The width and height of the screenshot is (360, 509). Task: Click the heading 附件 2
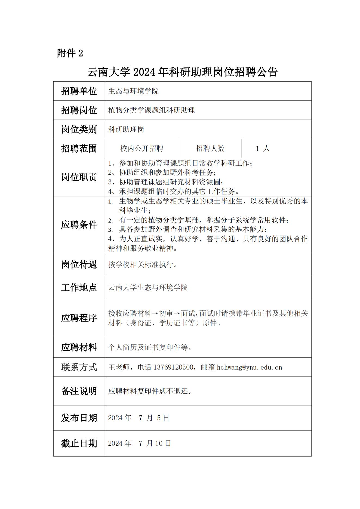tap(70, 53)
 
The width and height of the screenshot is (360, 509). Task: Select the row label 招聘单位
tap(79, 91)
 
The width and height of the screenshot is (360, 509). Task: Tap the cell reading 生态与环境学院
tap(133, 91)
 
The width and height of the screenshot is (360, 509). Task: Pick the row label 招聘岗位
tap(79, 110)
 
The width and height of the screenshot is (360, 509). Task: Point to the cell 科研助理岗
tap(126, 129)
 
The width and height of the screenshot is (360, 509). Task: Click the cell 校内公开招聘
tap(141, 149)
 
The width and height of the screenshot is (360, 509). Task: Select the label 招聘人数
tap(210, 149)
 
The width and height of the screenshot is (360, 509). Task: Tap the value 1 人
tap(263, 149)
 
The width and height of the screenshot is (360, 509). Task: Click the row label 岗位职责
tap(79, 177)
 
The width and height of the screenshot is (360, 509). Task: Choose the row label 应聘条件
tap(79, 225)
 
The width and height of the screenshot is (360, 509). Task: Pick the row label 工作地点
tap(79, 288)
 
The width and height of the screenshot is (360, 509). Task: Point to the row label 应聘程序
tap(79, 318)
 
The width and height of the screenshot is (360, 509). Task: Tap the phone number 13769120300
tap(173, 368)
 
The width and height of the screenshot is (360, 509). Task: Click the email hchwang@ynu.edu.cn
tap(249, 368)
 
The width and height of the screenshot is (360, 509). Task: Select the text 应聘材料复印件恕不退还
tap(150, 391)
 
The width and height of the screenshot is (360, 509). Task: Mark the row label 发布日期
tap(79, 418)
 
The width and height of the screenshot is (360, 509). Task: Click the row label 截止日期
tap(79, 443)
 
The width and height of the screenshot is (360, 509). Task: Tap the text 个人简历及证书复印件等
tap(150, 347)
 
